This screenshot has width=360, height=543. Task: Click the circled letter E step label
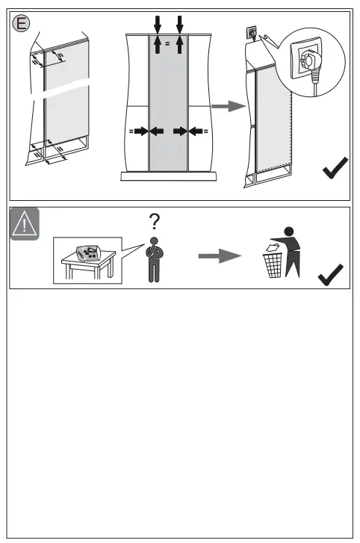[21, 24]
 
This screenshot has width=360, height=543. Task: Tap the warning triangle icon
[24, 224]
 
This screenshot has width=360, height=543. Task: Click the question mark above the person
[155, 222]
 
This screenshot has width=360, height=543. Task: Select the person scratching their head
[155, 260]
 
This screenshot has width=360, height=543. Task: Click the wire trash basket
[273, 265]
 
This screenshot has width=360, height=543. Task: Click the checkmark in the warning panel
[330, 275]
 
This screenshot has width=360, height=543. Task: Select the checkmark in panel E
[335, 167]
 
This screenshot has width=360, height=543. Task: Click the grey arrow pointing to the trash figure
[220, 256]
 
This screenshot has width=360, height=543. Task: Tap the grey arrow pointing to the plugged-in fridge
[229, 106]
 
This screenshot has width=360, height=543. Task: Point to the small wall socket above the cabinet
[252, 34]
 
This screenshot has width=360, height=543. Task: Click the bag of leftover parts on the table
[88, 253]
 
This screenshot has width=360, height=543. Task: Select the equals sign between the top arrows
[168, 43]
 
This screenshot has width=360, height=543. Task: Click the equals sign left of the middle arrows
[131, 131]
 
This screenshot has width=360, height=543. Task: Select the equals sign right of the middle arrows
[205, 131]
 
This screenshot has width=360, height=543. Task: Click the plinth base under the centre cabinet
[169, 176]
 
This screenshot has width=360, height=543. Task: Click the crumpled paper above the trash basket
[273, 247]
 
